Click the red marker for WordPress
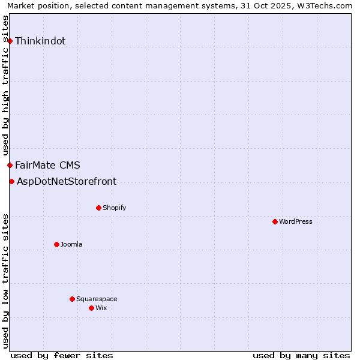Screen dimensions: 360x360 click(275, 221)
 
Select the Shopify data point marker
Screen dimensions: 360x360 click(98, 208)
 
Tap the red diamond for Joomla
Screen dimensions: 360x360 click(56, 244)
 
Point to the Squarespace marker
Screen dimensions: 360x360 click(72, 299)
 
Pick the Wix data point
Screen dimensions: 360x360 click(91, 308)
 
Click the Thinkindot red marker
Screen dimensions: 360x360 click(10, 41)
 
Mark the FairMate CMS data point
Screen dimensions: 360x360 click(10, 165)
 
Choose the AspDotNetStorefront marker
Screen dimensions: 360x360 click(11, 181)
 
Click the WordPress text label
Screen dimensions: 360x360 click(296, 221)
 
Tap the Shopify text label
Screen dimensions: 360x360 click(114, 208)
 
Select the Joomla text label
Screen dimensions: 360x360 click(71, 244)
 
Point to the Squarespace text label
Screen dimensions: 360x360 click(97, 299)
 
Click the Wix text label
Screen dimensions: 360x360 click(101, 308)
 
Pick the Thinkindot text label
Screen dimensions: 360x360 click(40, 41)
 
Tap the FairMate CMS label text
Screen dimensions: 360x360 click(47, 165)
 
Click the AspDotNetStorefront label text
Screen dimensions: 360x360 click(67, 181)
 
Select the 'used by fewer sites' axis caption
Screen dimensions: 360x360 click(62, 355)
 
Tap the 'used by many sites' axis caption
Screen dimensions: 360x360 click(301, 355)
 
